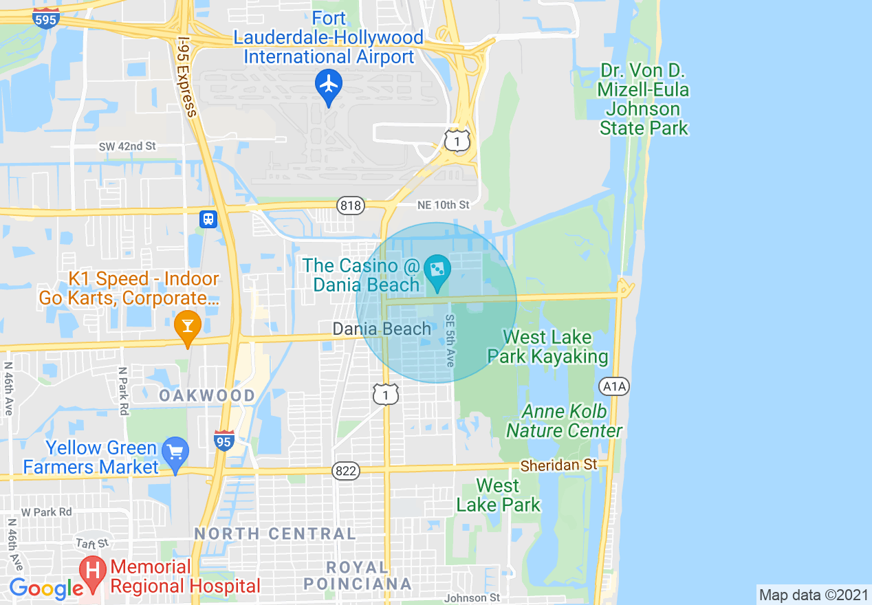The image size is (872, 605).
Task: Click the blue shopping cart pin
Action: click(x=176, y=452)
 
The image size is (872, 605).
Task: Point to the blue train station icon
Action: click(x=208, y=219)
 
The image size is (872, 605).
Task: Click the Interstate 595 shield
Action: click(x=45, y=18)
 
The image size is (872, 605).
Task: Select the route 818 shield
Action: click(x=350, y=205)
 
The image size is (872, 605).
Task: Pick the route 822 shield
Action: click(x=345, y=471)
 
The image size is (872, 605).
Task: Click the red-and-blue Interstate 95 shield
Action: click(x=224, y=440)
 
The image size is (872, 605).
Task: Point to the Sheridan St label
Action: click(x=558, y=465)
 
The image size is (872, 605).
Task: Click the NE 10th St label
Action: click(x=443, y=205)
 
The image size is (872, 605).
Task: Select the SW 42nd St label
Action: click(x=127, y=146)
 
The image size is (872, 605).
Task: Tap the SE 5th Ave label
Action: click(x=450, y=340)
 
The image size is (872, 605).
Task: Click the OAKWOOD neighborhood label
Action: click(x=207, y=396)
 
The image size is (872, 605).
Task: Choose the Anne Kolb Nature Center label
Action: click(x=565, y=421)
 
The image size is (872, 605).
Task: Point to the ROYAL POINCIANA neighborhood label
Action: click(x=357, y=576)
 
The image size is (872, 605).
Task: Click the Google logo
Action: click(x=45, y=588)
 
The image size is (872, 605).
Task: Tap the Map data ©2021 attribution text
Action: click(x=813, y=595)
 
